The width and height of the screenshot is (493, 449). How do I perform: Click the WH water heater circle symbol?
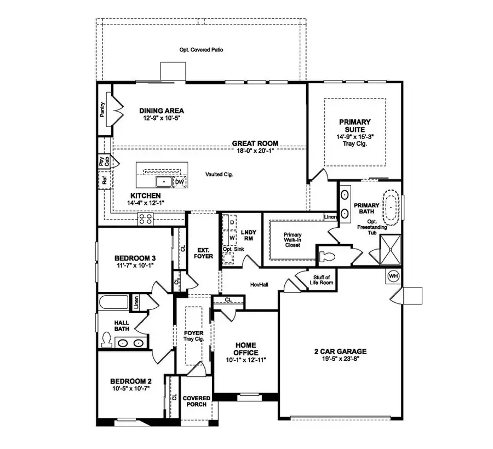click(393, 276)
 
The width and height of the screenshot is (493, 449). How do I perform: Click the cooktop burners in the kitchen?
click(146, 219)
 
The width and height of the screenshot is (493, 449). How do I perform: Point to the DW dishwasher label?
click(179, 182)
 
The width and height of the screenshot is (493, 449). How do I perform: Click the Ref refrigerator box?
click(104, 180)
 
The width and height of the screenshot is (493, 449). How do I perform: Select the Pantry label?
click(102, 110)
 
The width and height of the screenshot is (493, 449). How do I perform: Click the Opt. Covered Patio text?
click(201, 50)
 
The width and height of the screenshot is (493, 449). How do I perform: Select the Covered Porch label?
click(195, 401)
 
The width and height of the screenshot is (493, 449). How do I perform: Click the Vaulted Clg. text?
click(218, 174)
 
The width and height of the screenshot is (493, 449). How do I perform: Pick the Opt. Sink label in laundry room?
click(233, 249)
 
